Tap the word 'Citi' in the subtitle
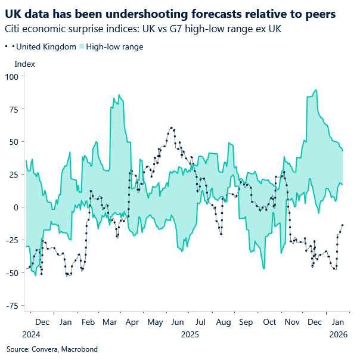[13, 29]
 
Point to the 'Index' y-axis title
[24, 64]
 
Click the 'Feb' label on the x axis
[88, 322]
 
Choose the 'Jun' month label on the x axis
[178, 322]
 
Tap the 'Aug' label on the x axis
[224, 322]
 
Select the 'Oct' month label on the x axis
[269, 322]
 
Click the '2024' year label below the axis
[30, 334]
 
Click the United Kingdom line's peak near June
[172, 128]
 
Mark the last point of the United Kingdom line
[342, 225]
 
